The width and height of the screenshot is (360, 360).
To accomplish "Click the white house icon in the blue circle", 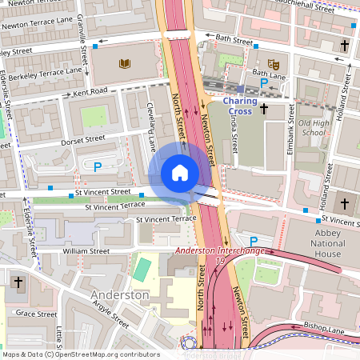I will point(180,173).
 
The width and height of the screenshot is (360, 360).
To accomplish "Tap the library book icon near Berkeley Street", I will point(124,63).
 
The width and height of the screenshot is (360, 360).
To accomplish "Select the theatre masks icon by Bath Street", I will point(274,63).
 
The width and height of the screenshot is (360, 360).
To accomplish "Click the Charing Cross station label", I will point(240,106).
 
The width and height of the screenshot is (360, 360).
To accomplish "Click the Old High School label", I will point(313,128).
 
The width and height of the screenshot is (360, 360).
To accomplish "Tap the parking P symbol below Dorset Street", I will point(98,167).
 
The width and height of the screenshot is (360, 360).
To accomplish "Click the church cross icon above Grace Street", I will point(18,282).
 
